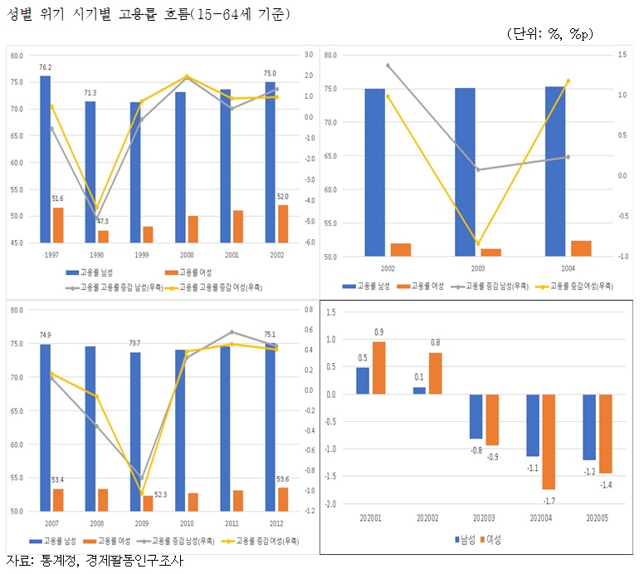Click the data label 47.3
(103, 222)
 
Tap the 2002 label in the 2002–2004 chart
(388, 269)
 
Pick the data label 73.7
(135, 343)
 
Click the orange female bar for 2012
(283, 499)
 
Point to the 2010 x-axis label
(187, 524)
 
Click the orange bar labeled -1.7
(549, 442)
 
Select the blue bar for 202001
(363, 380)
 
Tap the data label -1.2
(588, 471)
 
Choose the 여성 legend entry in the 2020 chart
(493, 539)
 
